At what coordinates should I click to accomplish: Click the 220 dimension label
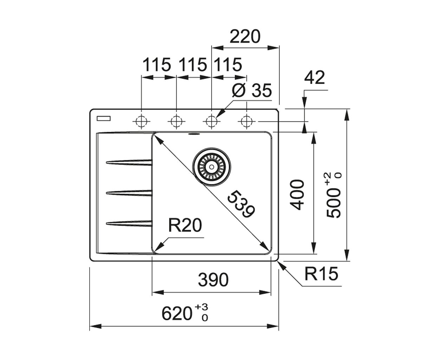click(x=245, y=37)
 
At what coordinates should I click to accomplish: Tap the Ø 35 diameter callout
click(x=252, y=91)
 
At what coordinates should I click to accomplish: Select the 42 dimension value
click(x=315, y=77)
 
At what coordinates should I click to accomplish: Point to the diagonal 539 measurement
click(x=241, y=204)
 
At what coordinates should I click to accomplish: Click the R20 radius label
click(x=185, y=225)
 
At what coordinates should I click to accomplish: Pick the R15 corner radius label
click(x=321, y=274)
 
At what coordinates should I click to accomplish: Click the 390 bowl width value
click(x=213, y=279)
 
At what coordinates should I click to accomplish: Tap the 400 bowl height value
click(x=297, y=195)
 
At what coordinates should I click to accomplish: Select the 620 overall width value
click(x=176, y=314)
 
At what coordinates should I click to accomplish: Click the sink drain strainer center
click(x=212, y=167)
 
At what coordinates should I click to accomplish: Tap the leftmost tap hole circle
click(x=141, y=121)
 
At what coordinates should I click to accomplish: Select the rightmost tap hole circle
click(x=247, y=121)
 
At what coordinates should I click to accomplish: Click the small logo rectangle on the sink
click(x=103, y=118)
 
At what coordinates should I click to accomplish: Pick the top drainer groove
click(x=129, y=162)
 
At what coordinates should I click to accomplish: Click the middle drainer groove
click(x=129, y=193)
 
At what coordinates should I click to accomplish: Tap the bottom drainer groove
click(x=129, y=224)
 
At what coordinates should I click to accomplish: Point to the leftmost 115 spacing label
click(x=157, y=65)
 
